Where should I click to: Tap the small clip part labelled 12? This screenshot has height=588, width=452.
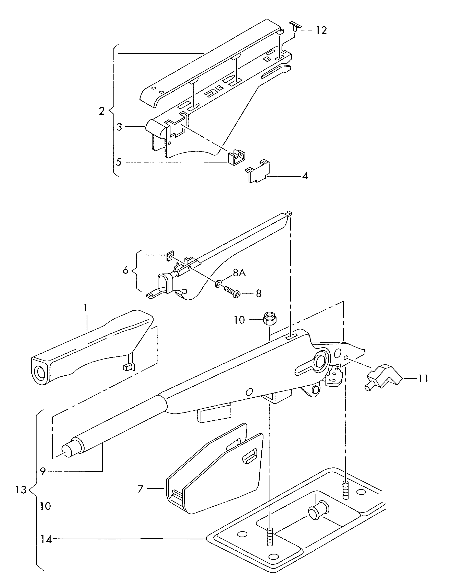[295, 27]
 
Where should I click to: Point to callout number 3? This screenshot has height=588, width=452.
[119, 127]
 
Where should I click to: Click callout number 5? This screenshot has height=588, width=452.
[119, 162]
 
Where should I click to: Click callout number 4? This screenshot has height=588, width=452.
[305, 176]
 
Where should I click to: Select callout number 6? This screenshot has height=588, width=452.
[125, 270]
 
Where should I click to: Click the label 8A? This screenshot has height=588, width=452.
[239, 273]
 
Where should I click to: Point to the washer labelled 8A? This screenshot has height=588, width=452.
[218, 283]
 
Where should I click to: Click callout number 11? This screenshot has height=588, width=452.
[422, 379]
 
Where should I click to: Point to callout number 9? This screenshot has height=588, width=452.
[43, 471]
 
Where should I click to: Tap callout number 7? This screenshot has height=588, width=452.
[140, 489]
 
